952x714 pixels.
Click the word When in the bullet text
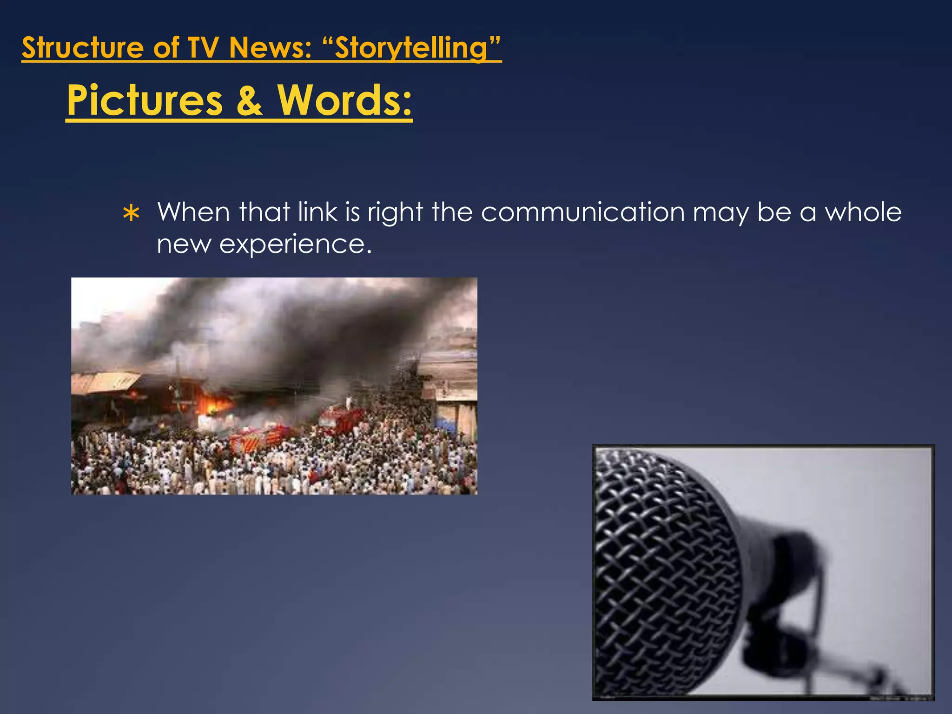click(193, 212)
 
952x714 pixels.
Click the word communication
click(582, 212)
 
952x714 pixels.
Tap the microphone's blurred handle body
click(786, 581)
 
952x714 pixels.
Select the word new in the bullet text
click(184, 244)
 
